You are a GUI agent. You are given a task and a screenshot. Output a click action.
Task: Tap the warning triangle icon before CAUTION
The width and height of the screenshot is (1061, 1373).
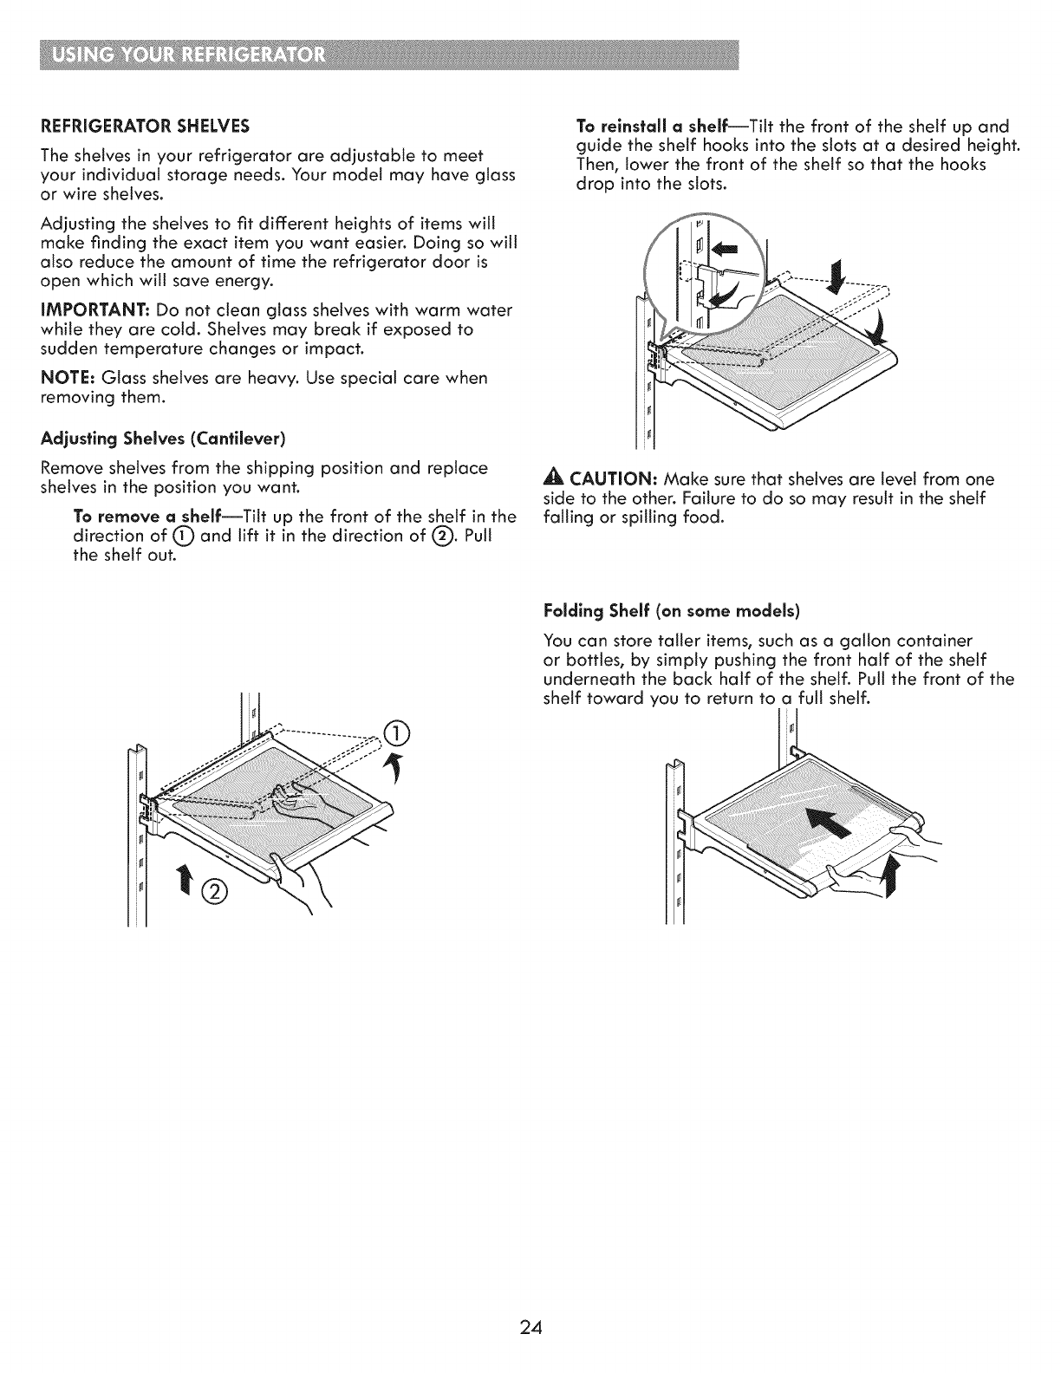(x=548, y=479)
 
